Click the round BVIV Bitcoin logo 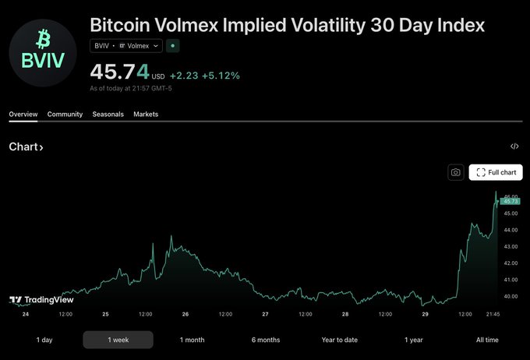tap(43, 49)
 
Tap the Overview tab tap(23, 115)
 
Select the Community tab tap(65, 115)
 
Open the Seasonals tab tap(108, 115)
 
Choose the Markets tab tap(146, 115)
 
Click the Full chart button tap(496, 172)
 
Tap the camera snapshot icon tap(456, 172)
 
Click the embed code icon tap(514, 146)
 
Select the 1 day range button tap(44, 340)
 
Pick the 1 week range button tap(118, 340)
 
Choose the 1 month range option tap(192, 340)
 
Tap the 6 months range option tap(266, 340)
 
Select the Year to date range tap(340, 340)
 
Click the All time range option tap(487, 340)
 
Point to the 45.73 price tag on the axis tap(511, 202)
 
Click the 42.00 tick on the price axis tap(511, 263)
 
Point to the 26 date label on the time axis tap(185, 314)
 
